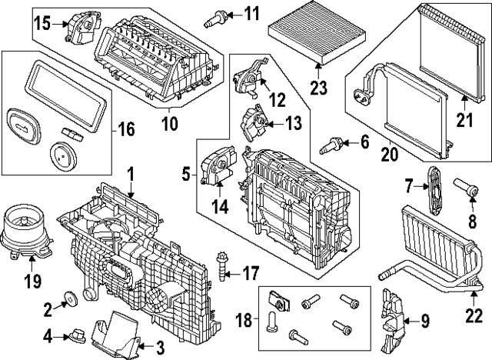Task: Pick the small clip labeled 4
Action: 77,335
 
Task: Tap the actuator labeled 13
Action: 255,122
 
